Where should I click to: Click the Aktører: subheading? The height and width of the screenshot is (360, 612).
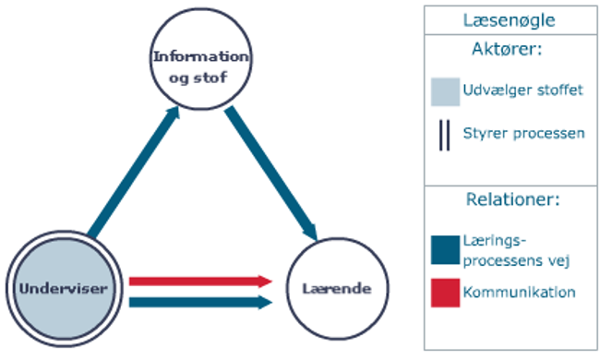pyautogui.click(x=510, y=52)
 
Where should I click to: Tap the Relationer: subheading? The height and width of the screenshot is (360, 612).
pyautogui.click(x=510, y=198)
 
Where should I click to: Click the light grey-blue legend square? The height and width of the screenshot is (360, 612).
pyautogui.click(x=445, y=91)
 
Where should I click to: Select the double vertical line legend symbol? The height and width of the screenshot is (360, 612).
pyautogui.click(x=444, y=134)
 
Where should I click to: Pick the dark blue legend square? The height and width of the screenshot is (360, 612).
pyautogui.click(x=445, y=250)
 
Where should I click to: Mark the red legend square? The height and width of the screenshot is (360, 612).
pyautogui.click(x=445, y=293)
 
